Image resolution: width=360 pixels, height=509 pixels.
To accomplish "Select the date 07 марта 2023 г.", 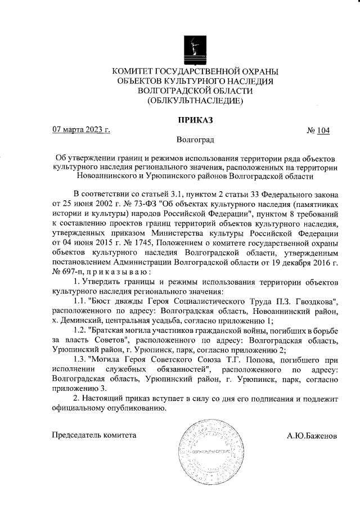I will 80,130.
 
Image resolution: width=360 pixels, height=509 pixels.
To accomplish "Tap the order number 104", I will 323,130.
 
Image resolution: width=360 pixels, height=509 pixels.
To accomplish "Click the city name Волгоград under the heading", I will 195,139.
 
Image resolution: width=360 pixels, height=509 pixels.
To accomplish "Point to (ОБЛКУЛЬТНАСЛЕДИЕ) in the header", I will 195,101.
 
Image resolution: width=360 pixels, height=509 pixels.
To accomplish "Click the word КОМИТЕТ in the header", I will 136,71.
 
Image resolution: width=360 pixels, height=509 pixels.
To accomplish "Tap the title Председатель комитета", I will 94,435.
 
